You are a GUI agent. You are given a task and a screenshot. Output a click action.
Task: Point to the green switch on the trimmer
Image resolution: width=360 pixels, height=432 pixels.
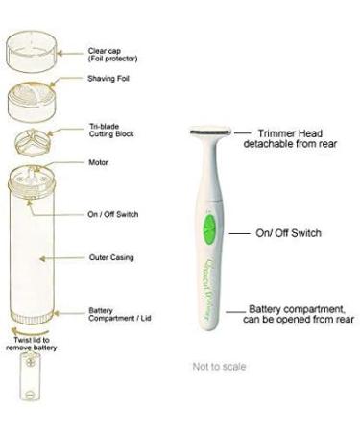tap(209, 231)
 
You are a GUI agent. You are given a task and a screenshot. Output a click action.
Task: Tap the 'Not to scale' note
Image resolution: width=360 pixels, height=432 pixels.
tap(219, 366)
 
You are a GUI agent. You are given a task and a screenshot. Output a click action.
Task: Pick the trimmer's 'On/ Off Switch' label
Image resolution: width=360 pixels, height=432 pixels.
tap(287, 232)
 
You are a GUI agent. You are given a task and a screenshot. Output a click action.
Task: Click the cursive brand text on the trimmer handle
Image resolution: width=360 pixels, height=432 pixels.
tap(209, 284)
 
